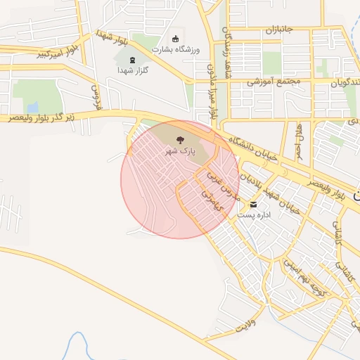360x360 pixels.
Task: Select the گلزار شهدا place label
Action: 133,72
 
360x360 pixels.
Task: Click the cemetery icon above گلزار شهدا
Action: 133,61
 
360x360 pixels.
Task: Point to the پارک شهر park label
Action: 179,151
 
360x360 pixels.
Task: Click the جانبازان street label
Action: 278,30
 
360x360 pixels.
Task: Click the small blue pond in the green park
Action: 349,105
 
